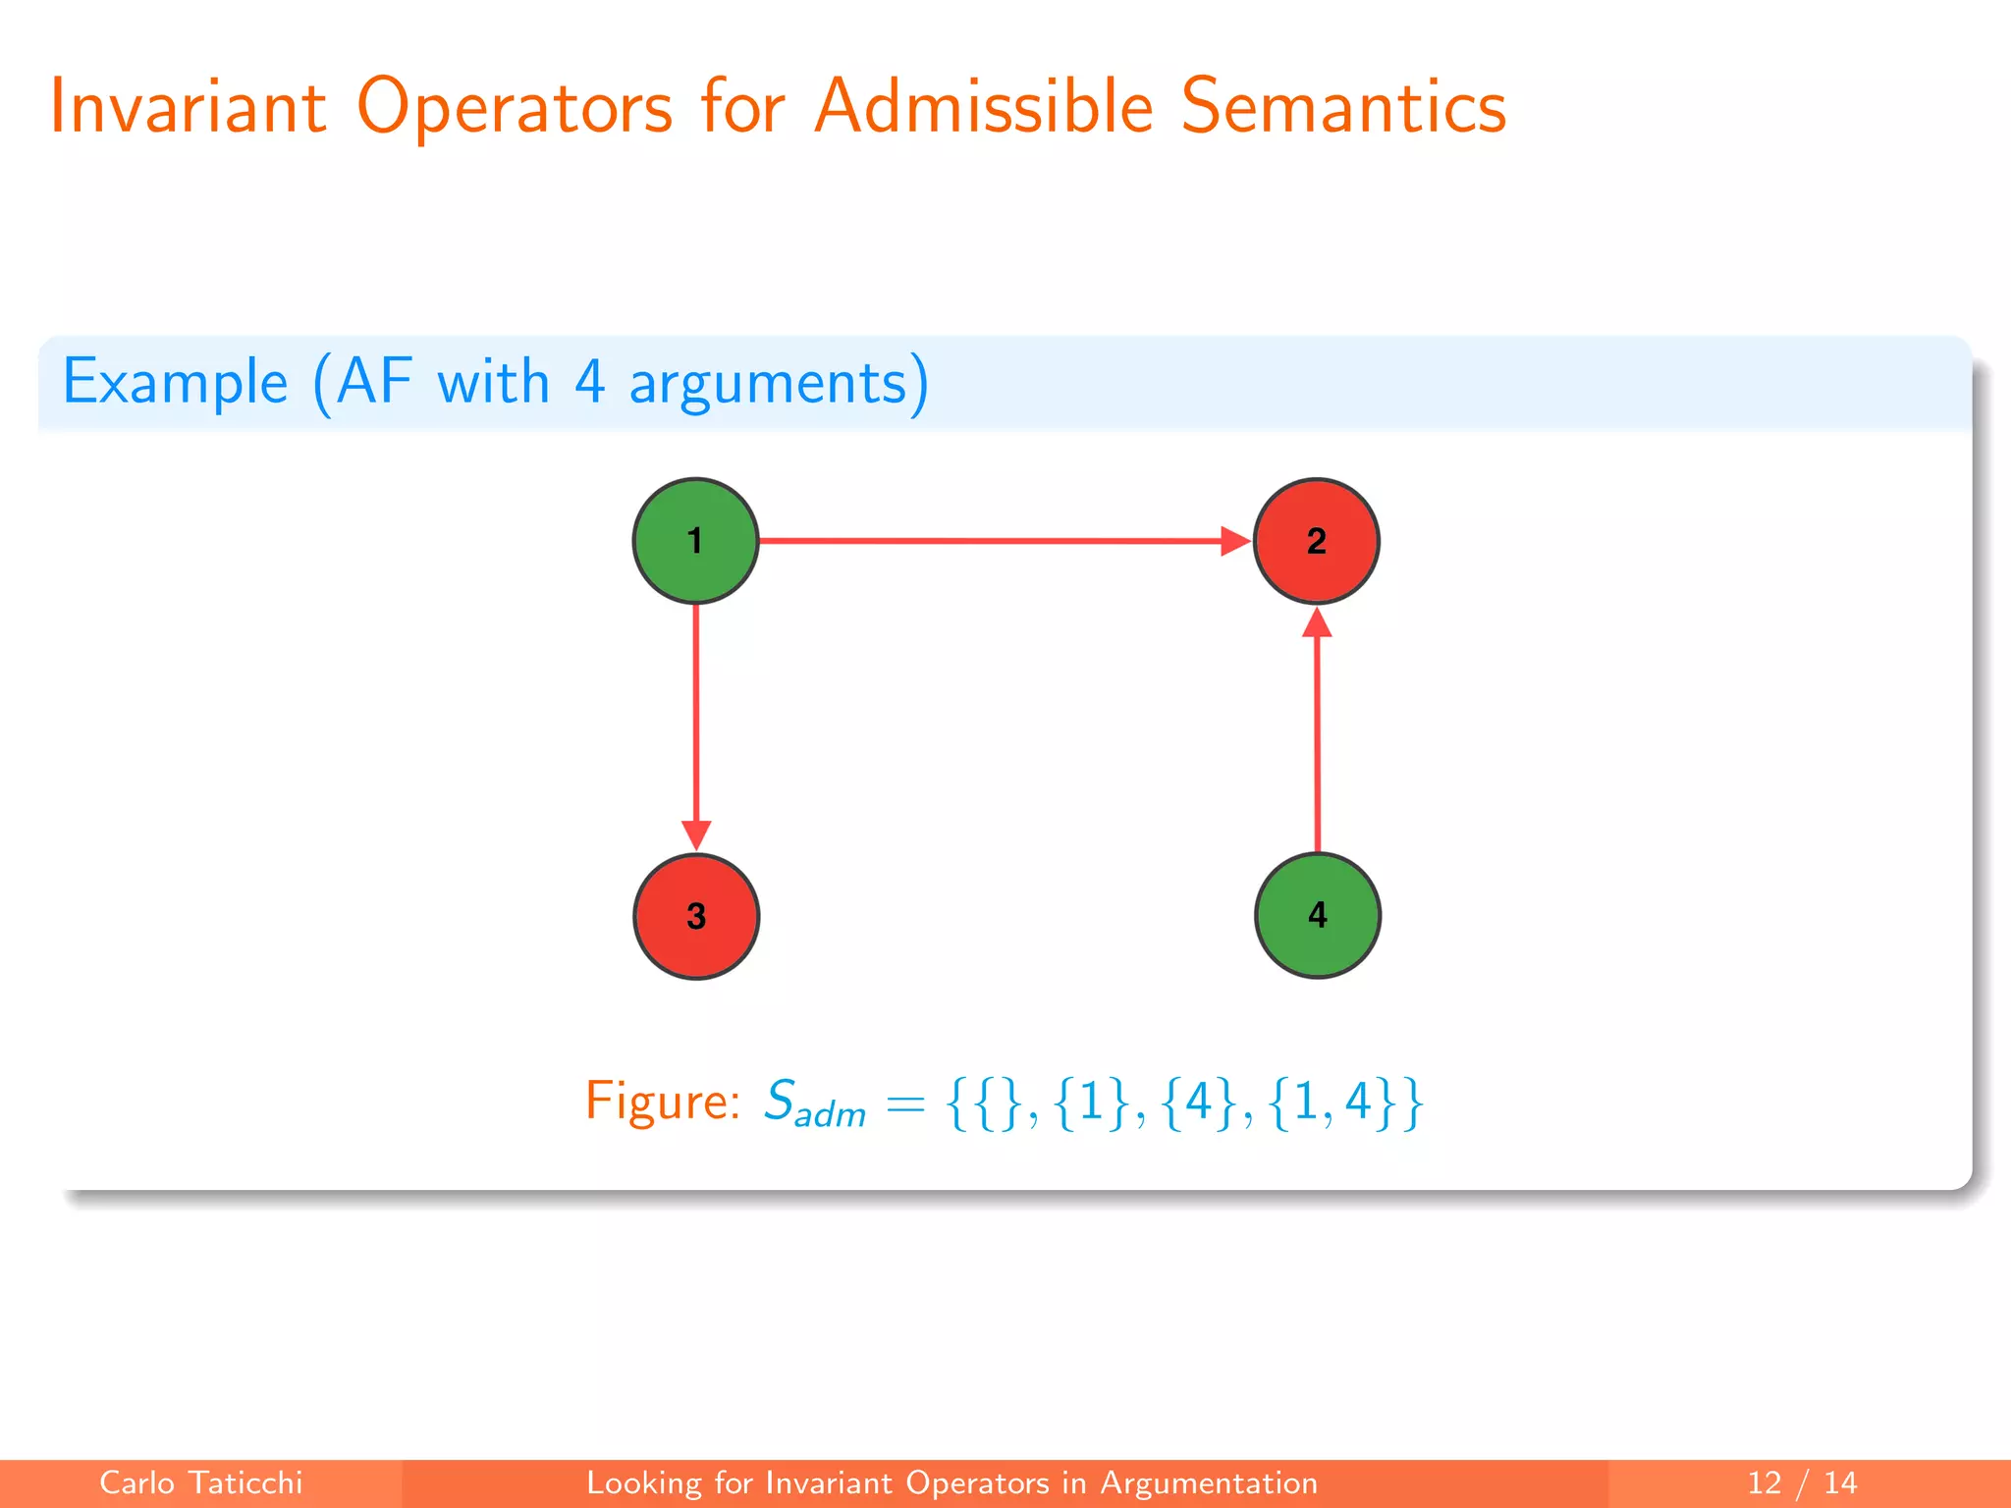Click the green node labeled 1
click(695, 541)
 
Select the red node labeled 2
click(1316, 541)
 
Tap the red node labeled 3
click(696, 916)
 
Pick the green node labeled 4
click(1317, 915)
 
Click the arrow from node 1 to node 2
click(992, 541)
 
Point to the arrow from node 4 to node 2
click(1317, 736)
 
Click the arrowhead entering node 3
click(696, 835)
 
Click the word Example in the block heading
click(175, 383)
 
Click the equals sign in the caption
click(904, 1104)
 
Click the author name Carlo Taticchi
click(200, 1482)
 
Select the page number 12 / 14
click(1802, 1482)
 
